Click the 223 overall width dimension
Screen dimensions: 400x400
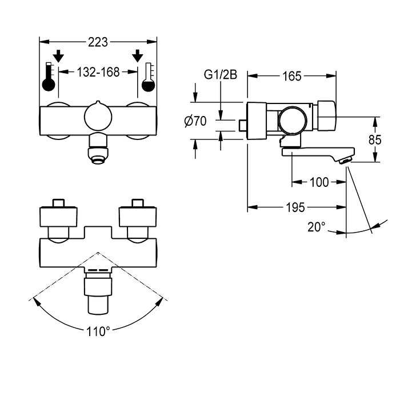98,42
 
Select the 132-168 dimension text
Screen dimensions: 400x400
98,72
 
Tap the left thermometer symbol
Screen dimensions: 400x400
48,78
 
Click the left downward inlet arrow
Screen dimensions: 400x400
58,56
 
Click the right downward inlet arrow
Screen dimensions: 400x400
137,56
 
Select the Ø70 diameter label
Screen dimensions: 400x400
195,121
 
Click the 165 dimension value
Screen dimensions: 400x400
292,76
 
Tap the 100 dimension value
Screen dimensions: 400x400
319,182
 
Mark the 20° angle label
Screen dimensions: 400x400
315,227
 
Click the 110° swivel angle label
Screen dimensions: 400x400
98,331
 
